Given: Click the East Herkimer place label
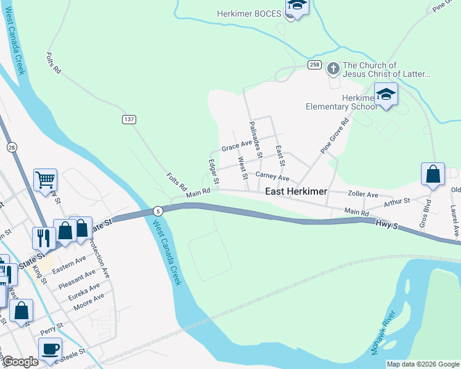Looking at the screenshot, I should pos(296,192).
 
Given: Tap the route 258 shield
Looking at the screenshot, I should pos(313,65).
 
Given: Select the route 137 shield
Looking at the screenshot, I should pos(128,119).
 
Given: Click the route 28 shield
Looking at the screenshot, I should pos(12,148).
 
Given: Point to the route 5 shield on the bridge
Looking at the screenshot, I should pos(158,210).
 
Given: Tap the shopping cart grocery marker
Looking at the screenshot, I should pos(46,180).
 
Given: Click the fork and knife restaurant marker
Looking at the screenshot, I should pos(43,237).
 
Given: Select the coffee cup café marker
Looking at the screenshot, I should pos(50,348).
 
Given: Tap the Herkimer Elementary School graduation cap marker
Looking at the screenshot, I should pos(386,95).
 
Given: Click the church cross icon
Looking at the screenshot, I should pos(333,68).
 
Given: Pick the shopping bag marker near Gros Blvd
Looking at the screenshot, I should pos(433,174).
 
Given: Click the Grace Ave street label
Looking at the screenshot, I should pos(237,147).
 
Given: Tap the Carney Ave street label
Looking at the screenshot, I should pos(272,177).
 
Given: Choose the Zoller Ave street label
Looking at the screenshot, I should pos(363,194).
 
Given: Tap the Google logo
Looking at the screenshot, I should pos(20,362).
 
